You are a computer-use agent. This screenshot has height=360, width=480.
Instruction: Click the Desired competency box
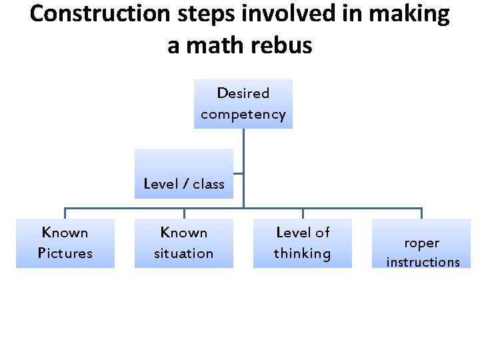tap(243, 103)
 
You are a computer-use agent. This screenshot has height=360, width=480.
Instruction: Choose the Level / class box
tap(184, 173)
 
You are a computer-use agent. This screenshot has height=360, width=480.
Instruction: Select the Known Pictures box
tap(65, 243)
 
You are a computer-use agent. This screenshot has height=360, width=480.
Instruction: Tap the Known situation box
tap(184, 243)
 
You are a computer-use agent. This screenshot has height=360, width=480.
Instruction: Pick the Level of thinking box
tap(303, 243)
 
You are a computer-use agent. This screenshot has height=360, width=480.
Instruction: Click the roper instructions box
tap(421, 243)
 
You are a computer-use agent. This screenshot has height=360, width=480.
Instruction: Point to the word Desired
tap(243, 93)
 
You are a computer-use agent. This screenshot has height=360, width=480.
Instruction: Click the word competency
tap(243, 114)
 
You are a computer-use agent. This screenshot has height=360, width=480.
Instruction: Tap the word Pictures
tap(65, 253)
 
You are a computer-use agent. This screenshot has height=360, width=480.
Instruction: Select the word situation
tap(184, 253)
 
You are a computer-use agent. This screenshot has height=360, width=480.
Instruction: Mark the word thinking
tap(303, 253)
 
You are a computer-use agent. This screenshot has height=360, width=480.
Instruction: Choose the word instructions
tap(423, 262)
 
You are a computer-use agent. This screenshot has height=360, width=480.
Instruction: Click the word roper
tap(421, 243)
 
